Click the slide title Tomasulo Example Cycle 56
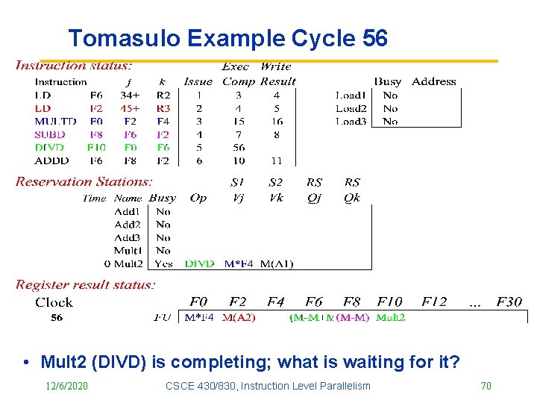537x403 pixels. coord(227,38)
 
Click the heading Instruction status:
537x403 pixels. coord(74,66)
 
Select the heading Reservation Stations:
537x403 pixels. coord(84,181)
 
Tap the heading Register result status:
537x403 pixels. coord(86,284)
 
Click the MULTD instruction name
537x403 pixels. coord(55,121)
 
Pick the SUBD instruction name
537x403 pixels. coord(50,134)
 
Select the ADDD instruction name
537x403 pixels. coord(52,160)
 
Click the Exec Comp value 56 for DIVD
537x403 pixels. coord(239,148)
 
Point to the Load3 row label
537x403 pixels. coord(351,121)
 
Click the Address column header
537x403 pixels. coord(433,81)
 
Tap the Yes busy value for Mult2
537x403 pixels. coord(163,263)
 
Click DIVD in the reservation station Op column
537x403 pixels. coord(199,263)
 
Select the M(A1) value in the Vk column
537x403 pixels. coord(277,263)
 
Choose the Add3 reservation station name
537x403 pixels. coord(128,237)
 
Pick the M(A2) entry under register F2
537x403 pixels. coord(239,318)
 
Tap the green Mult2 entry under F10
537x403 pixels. coord(391,318)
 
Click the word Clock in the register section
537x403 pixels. coord(54,302)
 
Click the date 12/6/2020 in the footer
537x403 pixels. coord(66,386)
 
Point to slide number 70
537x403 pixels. coord(486,386)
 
